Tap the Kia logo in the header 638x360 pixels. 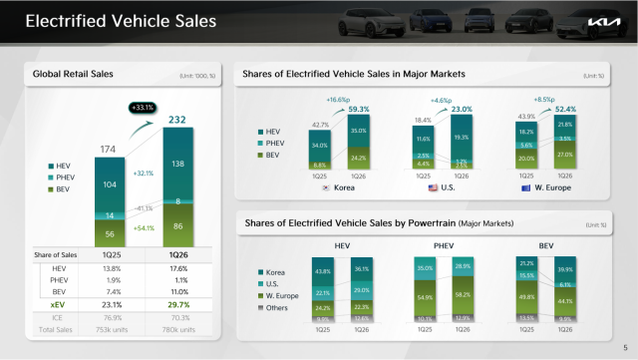[x=603, y=22]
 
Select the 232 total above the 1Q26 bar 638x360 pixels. [x=178, y=120]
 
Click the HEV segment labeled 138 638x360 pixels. [x=178, y=162]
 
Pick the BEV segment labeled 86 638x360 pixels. [x=178, y=227]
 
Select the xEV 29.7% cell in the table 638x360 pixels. [x=178, y=304]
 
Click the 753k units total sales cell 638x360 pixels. [x=110, y=329]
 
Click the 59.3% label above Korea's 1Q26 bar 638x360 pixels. [x=359, y=109]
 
